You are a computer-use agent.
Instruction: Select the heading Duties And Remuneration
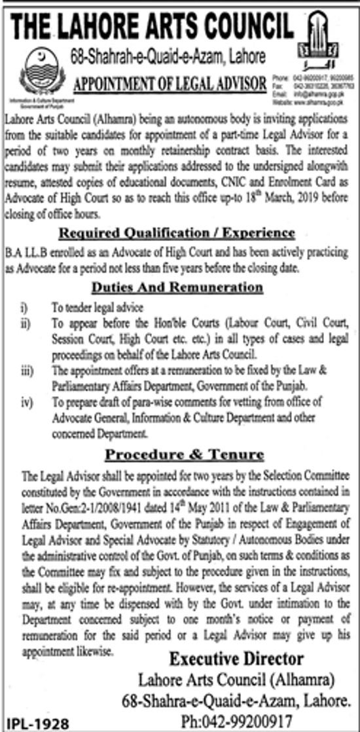177,287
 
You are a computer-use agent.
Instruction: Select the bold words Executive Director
236,658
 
